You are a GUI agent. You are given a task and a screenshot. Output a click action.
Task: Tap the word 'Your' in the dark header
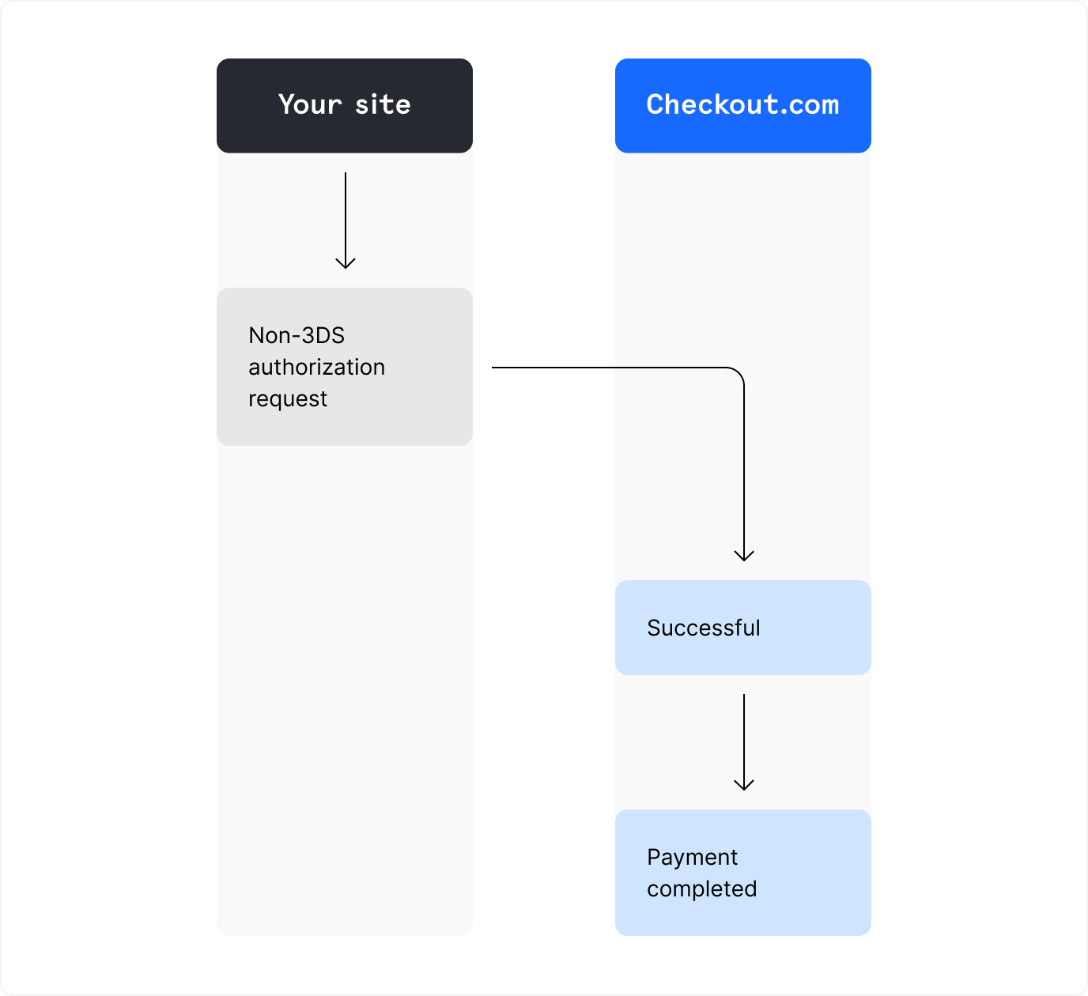[310, 104]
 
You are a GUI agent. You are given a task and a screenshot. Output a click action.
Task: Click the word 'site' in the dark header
[383, 104]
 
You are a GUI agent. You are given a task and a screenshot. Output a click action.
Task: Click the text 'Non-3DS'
[297, 335]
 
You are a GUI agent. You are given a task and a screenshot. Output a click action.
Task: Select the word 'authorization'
[316, 367]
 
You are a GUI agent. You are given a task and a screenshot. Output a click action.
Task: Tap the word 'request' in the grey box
[288, 399]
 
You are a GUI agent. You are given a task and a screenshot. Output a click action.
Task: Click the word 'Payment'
[692, 857]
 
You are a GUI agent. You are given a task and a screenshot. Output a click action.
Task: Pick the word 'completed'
[701, 889]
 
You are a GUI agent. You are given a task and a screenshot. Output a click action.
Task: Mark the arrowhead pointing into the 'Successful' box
[744, 556]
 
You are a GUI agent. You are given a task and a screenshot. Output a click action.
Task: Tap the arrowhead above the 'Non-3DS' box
[346, 263]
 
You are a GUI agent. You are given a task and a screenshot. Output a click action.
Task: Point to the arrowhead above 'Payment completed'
[744, 785]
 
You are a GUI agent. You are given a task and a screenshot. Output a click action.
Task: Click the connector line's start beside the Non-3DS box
[495, 368]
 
